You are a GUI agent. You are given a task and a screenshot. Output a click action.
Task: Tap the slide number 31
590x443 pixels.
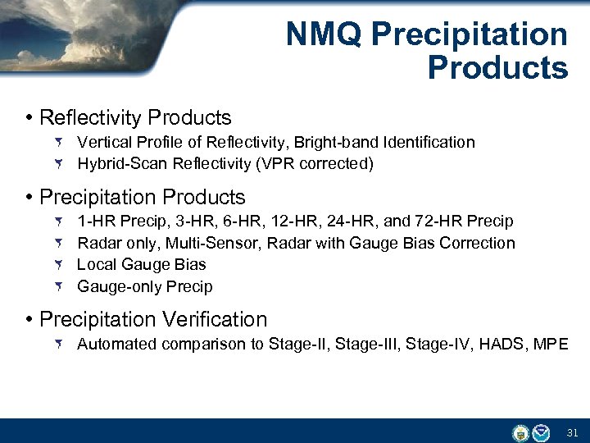click(573, 432)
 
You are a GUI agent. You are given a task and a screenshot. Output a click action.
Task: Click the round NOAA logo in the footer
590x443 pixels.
click(541, 432)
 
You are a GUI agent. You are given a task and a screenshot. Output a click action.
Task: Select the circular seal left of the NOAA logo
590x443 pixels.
click(520, 432)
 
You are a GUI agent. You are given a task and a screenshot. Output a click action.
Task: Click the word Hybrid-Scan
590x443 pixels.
click(123, 164)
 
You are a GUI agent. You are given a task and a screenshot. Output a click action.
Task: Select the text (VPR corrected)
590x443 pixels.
click(315, 164)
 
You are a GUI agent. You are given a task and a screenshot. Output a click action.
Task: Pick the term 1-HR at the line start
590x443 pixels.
click(95, 221)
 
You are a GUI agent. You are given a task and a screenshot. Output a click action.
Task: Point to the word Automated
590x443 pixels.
click(117, 345)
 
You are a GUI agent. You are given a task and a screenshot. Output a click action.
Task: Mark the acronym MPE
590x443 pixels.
click(551, 345)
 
